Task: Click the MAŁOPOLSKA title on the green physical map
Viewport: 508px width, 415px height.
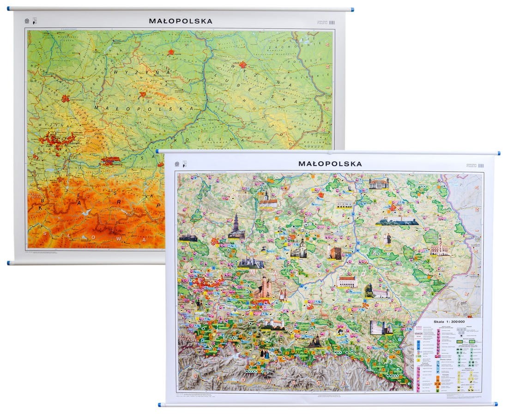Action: [x=181, y=21]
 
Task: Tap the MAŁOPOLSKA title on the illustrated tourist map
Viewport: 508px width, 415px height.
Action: [x=330, y=163]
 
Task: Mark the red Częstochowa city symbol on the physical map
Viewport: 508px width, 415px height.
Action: [x=65, y=98]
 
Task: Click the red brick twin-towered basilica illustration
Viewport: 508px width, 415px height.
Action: [x=265, y=288]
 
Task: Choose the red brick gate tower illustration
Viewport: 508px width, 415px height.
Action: [x=334, y=252]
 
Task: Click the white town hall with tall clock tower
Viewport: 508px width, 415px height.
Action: [x=440, y=247]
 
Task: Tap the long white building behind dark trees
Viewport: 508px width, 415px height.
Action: [x=397, y=220]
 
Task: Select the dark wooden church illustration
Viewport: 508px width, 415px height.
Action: [x=315, y=342]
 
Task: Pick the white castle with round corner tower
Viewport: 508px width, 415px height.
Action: [x=381, y=327]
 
